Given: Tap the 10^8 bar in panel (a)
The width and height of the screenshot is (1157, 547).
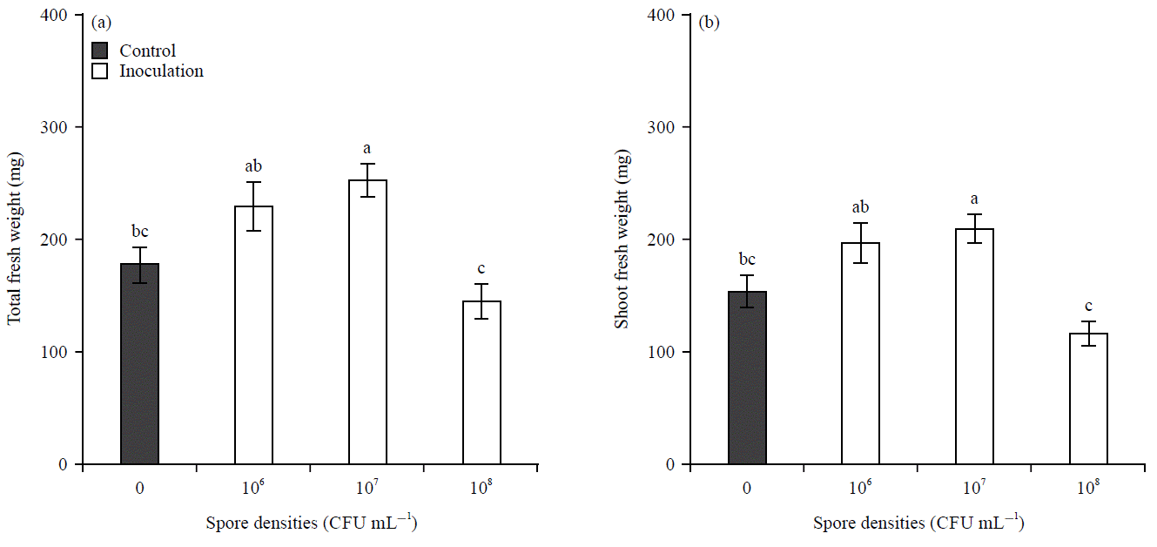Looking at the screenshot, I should (x=481, y=382).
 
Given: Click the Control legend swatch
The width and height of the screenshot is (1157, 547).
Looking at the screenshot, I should (x=100, y=51).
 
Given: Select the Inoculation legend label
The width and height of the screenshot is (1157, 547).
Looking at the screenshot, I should (x=161, y=71).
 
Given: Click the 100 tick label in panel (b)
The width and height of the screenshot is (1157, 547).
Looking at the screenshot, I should (x=665, y=352).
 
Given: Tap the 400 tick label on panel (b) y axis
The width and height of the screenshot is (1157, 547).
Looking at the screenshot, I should (x=665, y=15).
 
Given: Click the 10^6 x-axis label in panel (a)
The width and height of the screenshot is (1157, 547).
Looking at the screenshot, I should (x=253, y=488).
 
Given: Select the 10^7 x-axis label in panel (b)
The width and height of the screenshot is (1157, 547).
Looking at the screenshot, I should (x=975, y=488).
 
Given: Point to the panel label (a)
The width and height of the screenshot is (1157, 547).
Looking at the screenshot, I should (x=100, y=22).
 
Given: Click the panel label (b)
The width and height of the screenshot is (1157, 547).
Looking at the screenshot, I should (x=709, y=22).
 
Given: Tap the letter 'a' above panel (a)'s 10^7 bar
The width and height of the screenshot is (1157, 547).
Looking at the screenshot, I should (x=367, y=149).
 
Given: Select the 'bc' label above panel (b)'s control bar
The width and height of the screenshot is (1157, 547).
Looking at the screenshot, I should (x=747, y=260).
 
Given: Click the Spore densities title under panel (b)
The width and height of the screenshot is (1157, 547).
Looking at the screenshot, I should (x=918, y=523).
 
